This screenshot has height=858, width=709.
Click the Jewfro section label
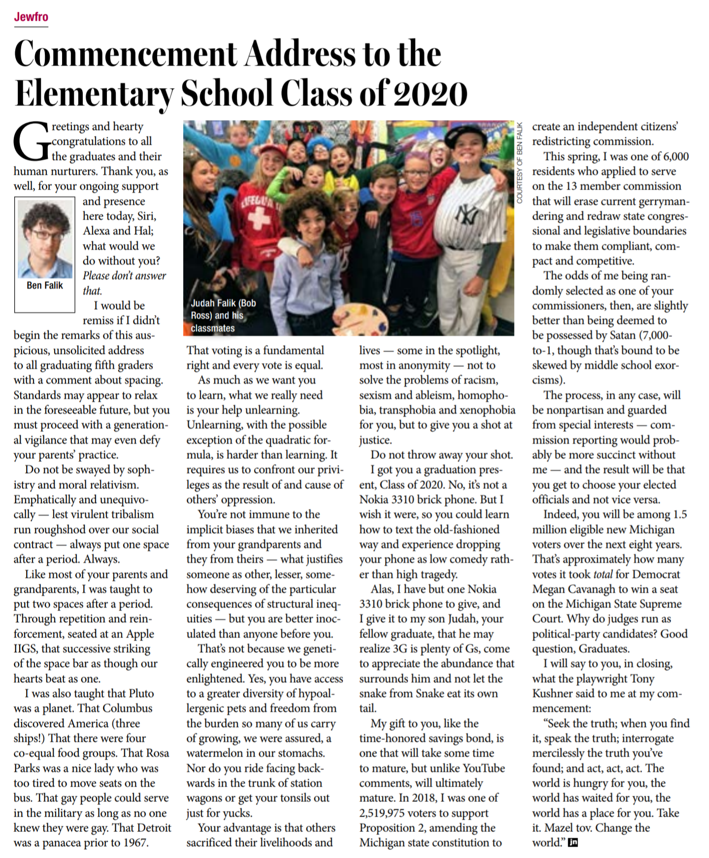(31, 17)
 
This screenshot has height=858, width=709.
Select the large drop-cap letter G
(31, 142)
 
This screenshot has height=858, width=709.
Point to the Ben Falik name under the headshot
(45, 285)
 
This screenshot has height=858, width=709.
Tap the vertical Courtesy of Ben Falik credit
(519, 162)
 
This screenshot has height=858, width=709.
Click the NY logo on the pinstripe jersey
(466, 214)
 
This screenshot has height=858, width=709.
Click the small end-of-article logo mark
(573, 843)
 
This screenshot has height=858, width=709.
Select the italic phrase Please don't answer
(124, 276)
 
